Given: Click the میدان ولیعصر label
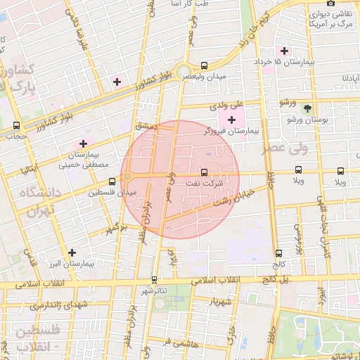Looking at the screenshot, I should (x=203, y=76).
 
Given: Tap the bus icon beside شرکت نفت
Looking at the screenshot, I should (x=205, y=172).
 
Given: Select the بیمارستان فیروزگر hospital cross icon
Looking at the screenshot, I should (x=231, y=120).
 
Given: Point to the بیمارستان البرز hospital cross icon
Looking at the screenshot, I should (x=71, y=252).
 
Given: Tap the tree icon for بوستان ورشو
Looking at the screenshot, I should (x=307, y=108).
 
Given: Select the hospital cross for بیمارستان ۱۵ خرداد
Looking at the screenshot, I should (x=284, y=51).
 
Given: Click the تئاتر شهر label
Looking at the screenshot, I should (x=155, y=290).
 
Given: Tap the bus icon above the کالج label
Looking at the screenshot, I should (x=279, y=253).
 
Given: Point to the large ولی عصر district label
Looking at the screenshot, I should (x=285, y=149).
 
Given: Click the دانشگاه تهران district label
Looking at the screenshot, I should (x=32, y=201).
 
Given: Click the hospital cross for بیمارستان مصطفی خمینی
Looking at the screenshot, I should (x=83, y=143).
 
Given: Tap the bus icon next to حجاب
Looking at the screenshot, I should (x=16, y=125).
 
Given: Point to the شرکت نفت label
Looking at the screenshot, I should (x=203, y=183).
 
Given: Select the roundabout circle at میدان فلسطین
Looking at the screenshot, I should (x=127, y=176).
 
